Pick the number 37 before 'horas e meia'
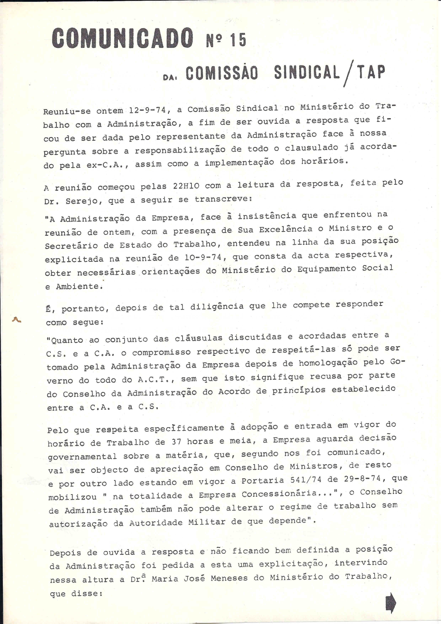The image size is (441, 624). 176,442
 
